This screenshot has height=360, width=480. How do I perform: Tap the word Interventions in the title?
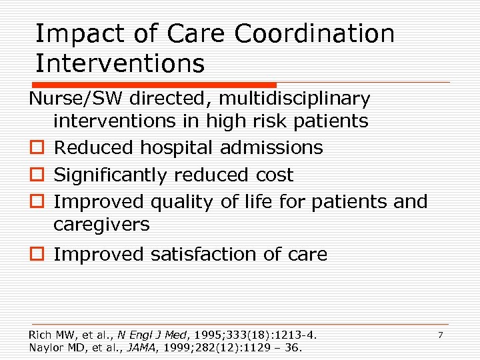pyautogui.click(x=120, y=63)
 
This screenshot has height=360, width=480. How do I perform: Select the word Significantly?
pyautogui.click(x=111, y=175)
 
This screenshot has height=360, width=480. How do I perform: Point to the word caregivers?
pyautogui.click(x=101, y=225)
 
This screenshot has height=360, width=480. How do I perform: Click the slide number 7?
pyautogui.click(x=440, y=334)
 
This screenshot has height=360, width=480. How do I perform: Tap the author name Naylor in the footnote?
pyautogui.click(x=45, y=347)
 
